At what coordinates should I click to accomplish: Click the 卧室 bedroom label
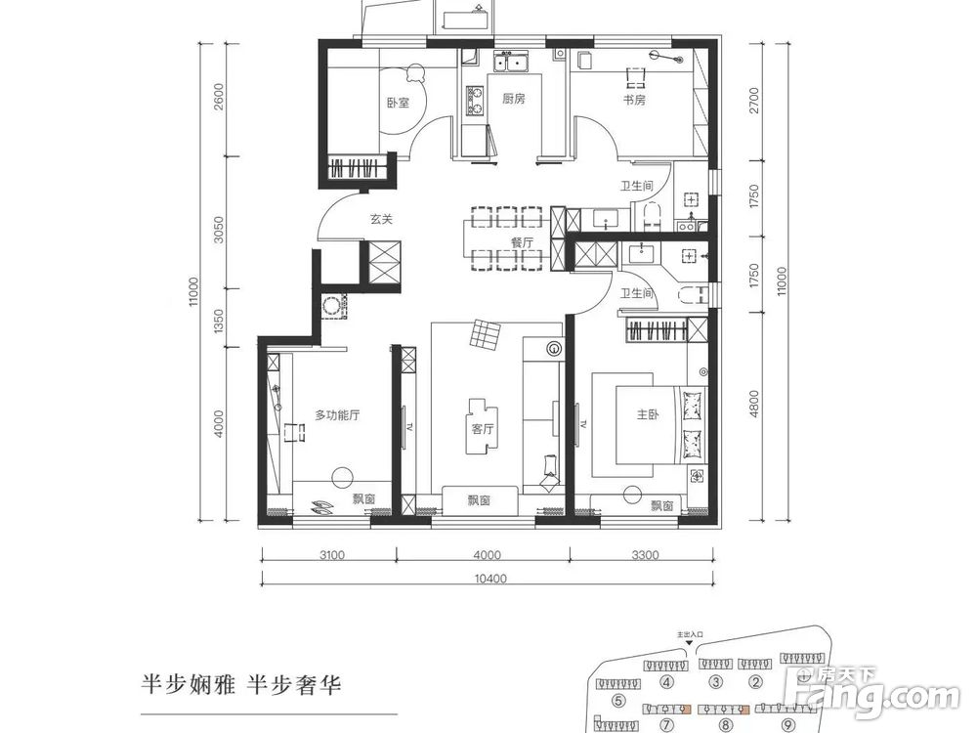point(398,101)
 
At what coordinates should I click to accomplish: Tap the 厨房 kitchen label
point(514,99)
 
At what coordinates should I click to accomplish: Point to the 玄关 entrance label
point(381,220)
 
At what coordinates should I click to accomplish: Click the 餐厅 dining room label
point(523,241)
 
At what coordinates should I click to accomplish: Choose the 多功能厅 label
point(337,415)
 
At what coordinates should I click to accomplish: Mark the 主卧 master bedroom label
point(649,415)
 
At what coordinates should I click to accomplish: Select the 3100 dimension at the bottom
point(332,556)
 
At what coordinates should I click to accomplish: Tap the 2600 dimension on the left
point(219,101)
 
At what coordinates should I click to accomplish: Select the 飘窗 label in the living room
point(479,500)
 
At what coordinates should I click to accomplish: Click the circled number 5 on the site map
point(618,700)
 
